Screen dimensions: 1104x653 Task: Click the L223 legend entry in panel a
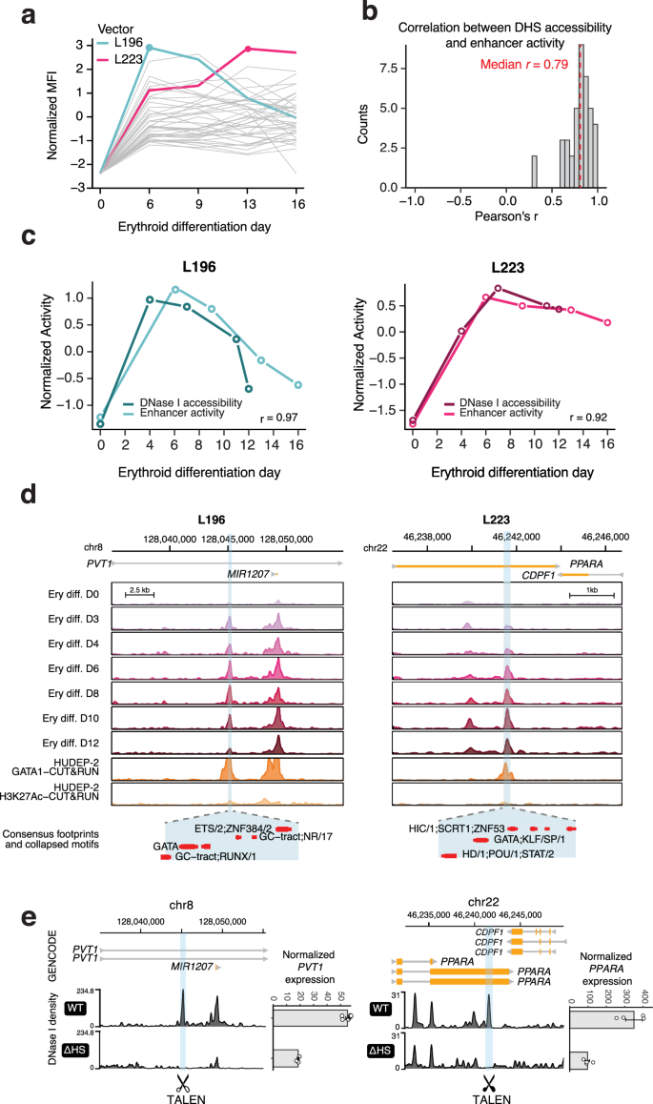click(x=135, y=61)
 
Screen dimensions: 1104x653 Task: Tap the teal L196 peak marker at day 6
click(x=149, y=47)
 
